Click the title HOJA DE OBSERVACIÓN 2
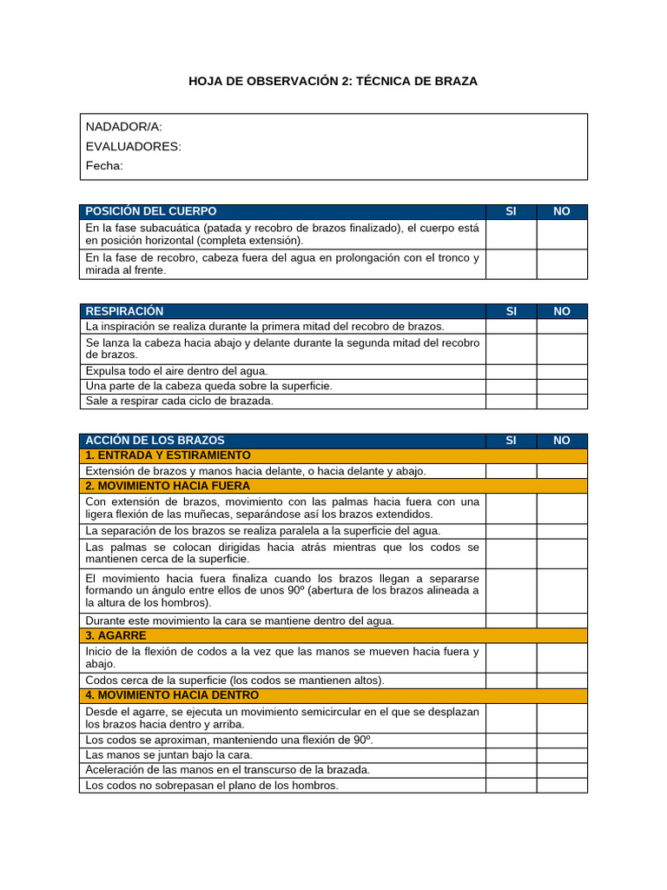point(333,81)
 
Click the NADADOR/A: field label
point(123,127)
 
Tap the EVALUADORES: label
point(133,146)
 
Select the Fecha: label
point(104,165)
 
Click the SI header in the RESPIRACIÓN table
point(511,311)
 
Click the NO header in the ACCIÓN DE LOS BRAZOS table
point(562,441)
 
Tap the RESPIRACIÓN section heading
point(124,311)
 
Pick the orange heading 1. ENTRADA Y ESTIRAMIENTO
point(168,455)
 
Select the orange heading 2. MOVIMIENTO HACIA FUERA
point(168,486)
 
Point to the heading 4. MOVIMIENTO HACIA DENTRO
point(171,695)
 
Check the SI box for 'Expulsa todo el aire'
point(511,371)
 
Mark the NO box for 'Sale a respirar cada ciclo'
point(562,402)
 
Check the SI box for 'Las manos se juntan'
point(511,754)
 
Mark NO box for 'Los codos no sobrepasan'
point(562,785)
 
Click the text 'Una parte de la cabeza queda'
point(208,386)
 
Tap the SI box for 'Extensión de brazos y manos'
point(511,471)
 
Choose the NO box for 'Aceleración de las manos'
point(562,770)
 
